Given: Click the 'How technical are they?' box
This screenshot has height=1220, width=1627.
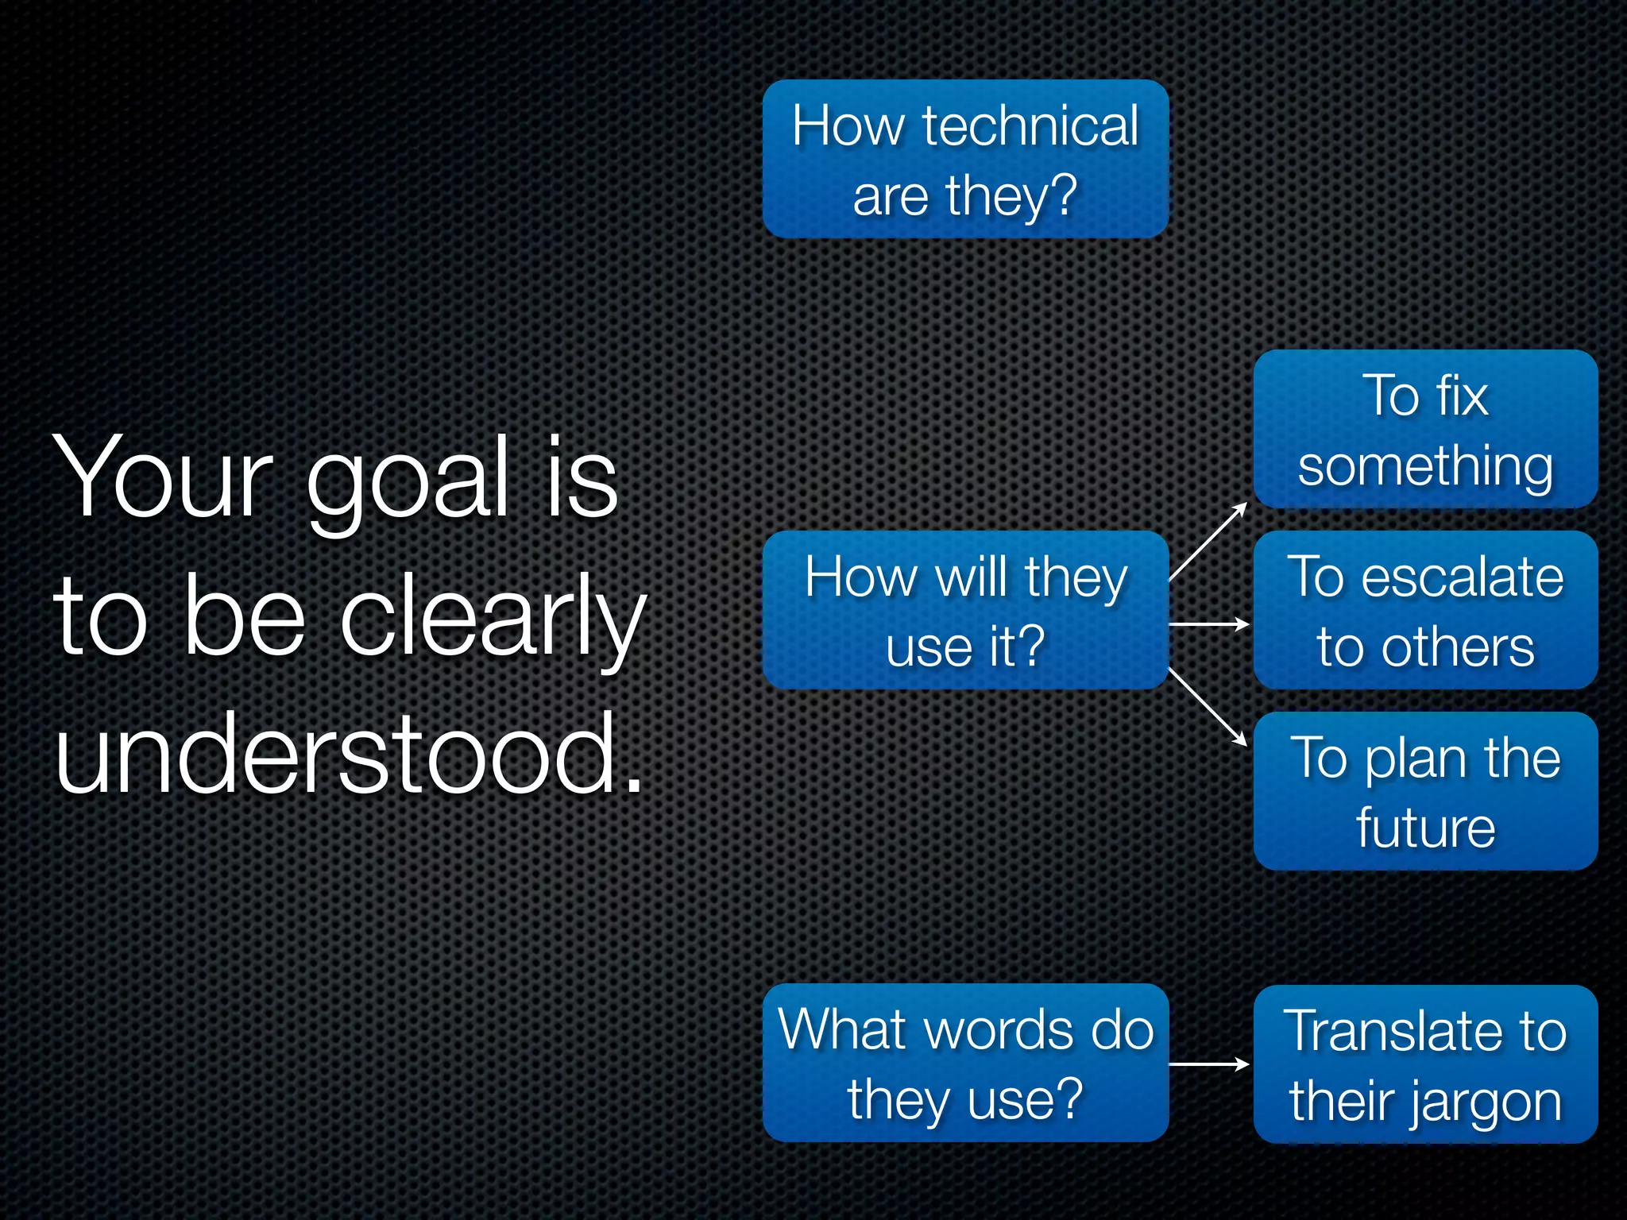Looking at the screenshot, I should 965,159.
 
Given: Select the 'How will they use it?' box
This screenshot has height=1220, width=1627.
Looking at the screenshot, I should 965,610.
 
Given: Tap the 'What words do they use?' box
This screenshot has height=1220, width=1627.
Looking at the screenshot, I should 965,1063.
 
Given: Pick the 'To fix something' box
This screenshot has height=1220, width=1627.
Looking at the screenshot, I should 1425,429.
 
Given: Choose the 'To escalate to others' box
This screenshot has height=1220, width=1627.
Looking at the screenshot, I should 1425,610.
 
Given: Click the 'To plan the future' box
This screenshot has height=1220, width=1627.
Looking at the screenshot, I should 1425,791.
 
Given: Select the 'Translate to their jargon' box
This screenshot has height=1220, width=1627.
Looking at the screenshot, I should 1425,1064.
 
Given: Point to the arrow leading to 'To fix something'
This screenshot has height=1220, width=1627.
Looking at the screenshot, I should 1208,542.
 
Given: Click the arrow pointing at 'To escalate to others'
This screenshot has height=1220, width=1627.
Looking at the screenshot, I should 1209,625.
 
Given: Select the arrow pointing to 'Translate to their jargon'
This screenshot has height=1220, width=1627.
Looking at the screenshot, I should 1209,1064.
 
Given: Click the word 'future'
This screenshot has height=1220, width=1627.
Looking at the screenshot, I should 1425,828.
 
